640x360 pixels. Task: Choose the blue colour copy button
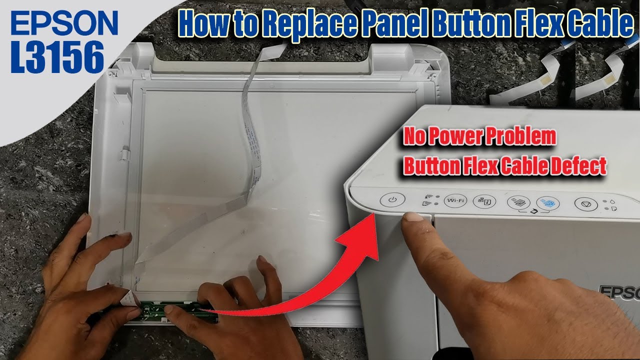tap(547, 203)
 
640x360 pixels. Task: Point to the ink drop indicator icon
tap(613, 201)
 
